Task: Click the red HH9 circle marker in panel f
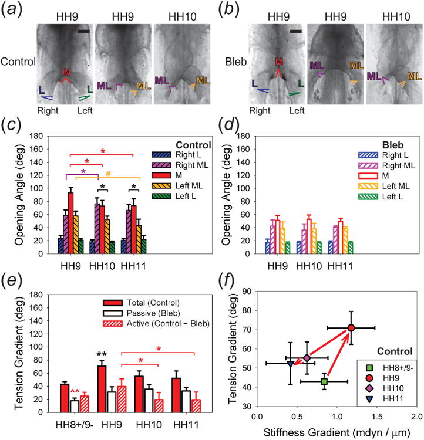tap(351, 327)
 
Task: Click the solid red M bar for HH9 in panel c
tap(70, 223)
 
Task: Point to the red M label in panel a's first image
tap(68, 72)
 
